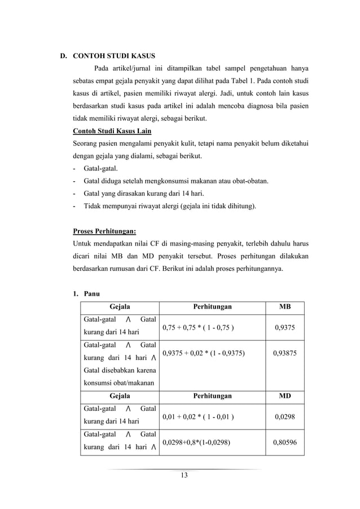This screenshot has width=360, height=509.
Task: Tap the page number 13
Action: (183, 475)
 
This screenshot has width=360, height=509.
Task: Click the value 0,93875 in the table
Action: (285, 353)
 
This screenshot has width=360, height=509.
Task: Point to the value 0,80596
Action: (285, 442)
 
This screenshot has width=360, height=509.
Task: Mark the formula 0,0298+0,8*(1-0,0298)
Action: (196, 442)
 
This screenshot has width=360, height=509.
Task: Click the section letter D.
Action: (64, 56)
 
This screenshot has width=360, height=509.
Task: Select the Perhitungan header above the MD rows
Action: (210, 396)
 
